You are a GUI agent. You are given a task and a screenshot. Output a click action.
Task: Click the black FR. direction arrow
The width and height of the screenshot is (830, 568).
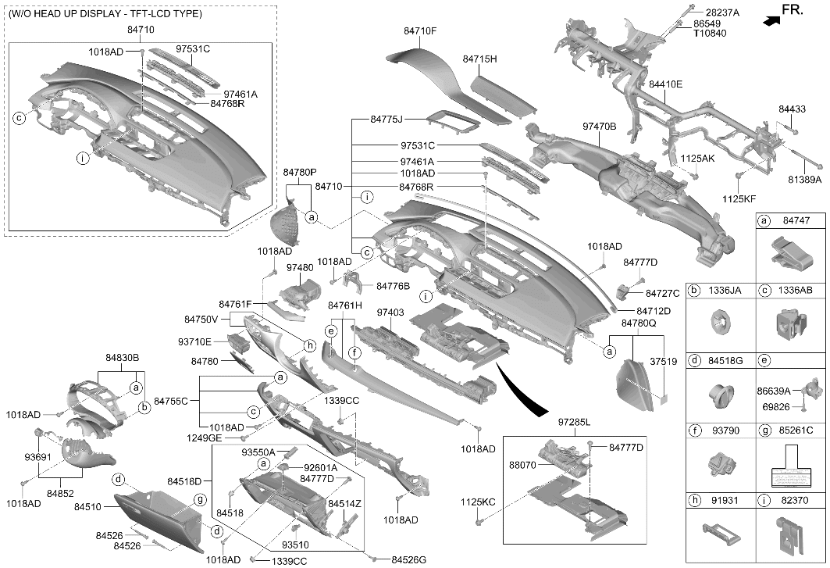point(771,20)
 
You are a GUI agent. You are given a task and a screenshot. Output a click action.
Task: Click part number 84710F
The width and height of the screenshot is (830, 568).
point(420,31)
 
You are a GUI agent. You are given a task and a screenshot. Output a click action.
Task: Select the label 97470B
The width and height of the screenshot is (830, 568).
point(599,127)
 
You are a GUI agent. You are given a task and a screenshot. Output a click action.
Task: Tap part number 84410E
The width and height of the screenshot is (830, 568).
point(665,84)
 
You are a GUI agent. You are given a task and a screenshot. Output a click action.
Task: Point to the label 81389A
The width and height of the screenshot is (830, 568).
point(804,180)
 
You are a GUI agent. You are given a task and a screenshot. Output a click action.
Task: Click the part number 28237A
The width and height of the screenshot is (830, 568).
point(722,13)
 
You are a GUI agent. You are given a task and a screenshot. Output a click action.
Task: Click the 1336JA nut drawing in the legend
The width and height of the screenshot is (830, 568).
point(720,322)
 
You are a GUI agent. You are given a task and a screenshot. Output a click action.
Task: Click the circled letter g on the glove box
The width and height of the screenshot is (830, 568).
point(200,499)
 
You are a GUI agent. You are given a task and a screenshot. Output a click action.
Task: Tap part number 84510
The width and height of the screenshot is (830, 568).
point(87,507)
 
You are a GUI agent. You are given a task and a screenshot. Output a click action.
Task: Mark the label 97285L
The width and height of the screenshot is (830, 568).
point(575,423)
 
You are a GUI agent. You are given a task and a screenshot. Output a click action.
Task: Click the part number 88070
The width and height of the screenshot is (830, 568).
point(523,465)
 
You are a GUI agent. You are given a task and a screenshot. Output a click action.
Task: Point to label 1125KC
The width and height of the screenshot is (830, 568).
point(477,502)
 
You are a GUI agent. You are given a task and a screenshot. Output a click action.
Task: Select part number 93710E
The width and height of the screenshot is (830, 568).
point(194,341)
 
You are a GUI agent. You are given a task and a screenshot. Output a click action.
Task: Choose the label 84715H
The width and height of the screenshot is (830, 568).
point(479,59)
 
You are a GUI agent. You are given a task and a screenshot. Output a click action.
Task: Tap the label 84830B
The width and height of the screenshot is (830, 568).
point(122,358)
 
